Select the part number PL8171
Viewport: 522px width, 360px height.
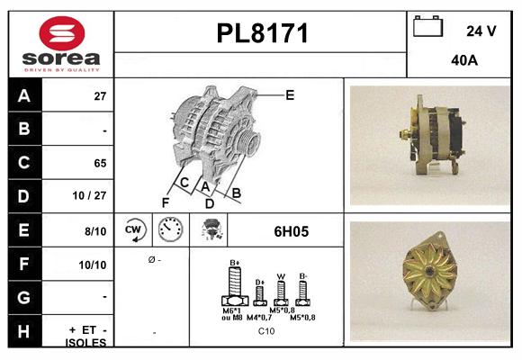click(262, 34)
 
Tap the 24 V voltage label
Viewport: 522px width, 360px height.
click(481, 31)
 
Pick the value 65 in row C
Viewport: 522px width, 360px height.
click(99, 164)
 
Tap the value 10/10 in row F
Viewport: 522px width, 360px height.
click(94, 265)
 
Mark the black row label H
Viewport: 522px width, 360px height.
click(23, 331)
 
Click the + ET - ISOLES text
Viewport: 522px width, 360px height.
click(87, 336)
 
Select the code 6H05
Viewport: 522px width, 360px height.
click(291, 231)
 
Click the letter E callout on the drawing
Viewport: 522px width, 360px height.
click(289, 94)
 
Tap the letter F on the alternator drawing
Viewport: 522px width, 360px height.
click(165, 202)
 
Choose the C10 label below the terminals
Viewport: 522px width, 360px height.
click(266, 331)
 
